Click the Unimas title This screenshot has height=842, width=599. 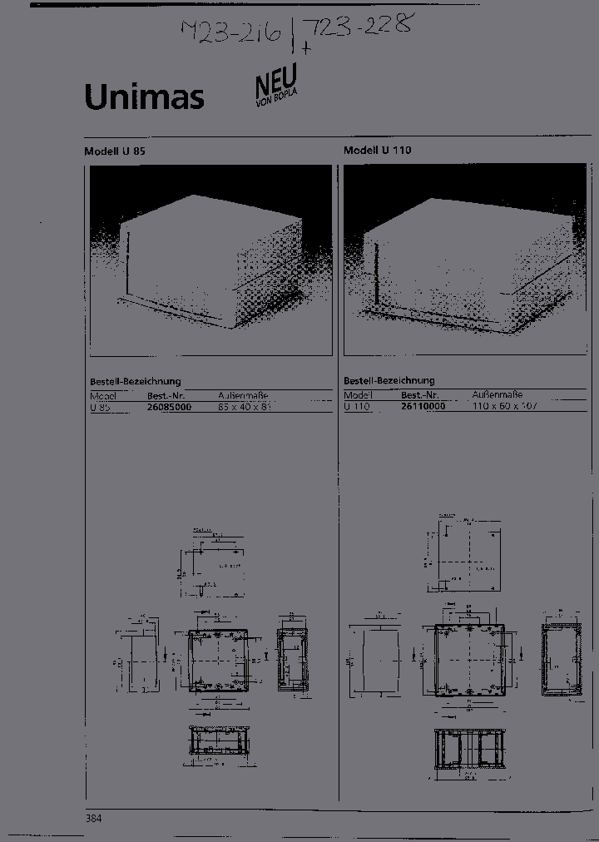point(144,97)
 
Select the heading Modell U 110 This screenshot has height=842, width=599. point(378,151)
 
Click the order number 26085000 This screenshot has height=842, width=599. point(170,407)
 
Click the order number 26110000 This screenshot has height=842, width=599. point(423,406)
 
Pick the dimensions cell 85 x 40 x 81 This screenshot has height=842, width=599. point(245,407)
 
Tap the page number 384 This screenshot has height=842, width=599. point(93,819)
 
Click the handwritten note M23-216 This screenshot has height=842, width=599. point(231,35)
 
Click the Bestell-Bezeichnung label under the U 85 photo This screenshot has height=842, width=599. point(135,381)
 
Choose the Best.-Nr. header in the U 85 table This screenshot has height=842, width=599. point(166,395)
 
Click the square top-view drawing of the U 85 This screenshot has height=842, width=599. point(218,661)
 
